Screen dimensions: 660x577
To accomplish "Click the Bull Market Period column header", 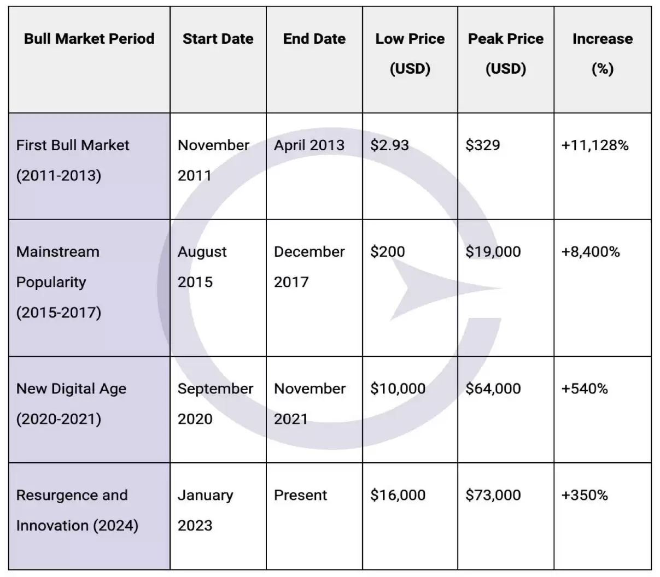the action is pyautogui.click(x=89, y=39).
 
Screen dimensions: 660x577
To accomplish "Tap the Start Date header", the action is pyautogui.click(x=218, y=39).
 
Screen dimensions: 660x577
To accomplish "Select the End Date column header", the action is pyautogui.click(x=314, y=39).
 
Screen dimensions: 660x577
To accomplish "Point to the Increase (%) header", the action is pyautogui.click(x=603, y=54).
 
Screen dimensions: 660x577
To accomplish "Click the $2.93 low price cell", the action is pyautogui.click(x=389, y=145).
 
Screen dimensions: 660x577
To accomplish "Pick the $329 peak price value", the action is pyautogui.click(x=483, y=145).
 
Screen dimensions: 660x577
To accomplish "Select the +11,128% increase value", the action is pyautogui.click(x=595, y=145).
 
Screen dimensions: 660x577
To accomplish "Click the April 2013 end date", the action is pyautogui.click(x=309, y=145).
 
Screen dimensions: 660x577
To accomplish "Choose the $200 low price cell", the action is pyautogui.click(x=388, y=252).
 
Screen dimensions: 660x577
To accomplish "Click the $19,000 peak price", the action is pyautogui.click(x=493, y=252).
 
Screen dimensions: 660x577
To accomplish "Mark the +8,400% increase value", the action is pyautogui.click(x=591, y=252).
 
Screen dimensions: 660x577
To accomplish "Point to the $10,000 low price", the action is pyautogui.click(x=398, y=388).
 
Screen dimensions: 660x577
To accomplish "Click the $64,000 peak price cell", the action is pyautogui.click(x=493, y=388).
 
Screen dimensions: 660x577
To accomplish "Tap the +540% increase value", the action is pyautogui.click(x=585, y=388).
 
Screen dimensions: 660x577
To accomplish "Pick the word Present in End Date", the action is pyautogui.click(x=300, y=495).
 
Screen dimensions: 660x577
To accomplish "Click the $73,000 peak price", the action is pyautogui.click(x=493, y=495).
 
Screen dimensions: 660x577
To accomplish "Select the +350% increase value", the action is pyautogui.click(x=585, y=495).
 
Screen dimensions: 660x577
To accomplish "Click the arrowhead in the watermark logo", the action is pyautogui.click(x=429, y=288).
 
